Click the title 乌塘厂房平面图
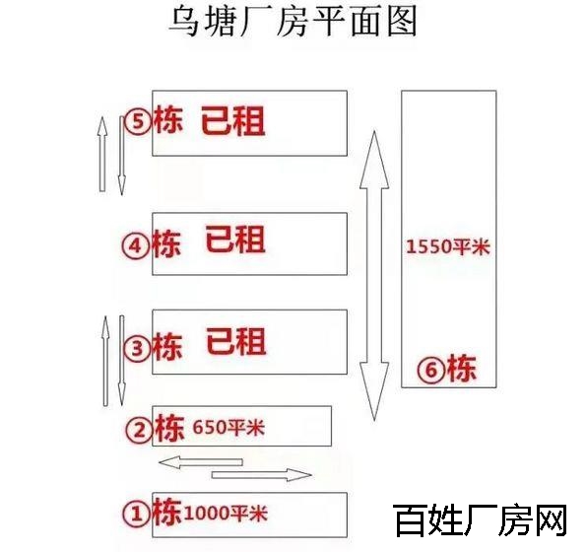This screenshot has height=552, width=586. pyautogui.click(x=293, y=22)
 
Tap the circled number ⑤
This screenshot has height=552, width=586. pyautogui.click(x=138, y=121)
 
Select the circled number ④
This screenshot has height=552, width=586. pyautogui.click(x=136, y=246)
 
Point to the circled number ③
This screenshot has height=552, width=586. pyautogui.click(x=137, y=349)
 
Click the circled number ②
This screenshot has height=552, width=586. pyautogui.click(x=139, y=430)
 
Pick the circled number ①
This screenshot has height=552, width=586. pyautogui.click(x=137, y=514)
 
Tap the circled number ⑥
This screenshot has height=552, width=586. pyautogui.click(x=431, y=370)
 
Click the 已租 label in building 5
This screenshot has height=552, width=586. pyautogui.click(x=232, y=121)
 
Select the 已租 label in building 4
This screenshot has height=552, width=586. pyautogui.click(x=235, y=239)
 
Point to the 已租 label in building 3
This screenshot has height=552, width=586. pyautogui.click(x=236, y=341)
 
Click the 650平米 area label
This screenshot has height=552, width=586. pyautogui.click(x=228, y=427)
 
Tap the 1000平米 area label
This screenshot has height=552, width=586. pyautogui.click(x=226, y=513)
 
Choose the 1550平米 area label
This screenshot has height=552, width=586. pyautogui.click(x=448, y=246)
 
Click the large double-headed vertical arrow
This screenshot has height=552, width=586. pyautogui.click(x=374, y=276)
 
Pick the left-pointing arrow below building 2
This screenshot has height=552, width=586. pyautogui.click(x=201, y=462)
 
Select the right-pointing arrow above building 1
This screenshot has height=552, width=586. pyautogui.click(x=262, y=475)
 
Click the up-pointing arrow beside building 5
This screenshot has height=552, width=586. pyautogui.click(x=102, y=154)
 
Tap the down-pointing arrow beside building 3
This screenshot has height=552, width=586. pyautogui.click(x=121, y=360)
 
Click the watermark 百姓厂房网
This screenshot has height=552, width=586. pyautogui.click(x=480, y=519)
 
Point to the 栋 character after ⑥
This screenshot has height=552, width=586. pyautogui.click(x=462, y=369)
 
